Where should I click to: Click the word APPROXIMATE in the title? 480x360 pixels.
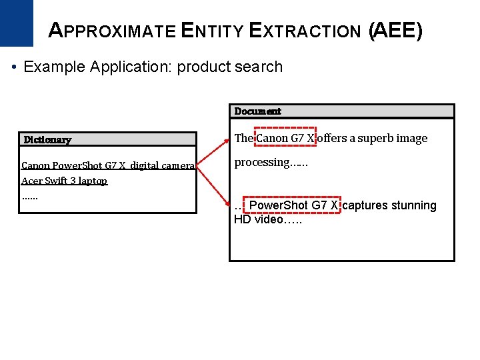tap(113, 31)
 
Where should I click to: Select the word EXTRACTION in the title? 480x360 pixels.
tap(304, 31)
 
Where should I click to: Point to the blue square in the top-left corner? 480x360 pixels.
tap(16, 23)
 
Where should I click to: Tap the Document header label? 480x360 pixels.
tap(257, 111)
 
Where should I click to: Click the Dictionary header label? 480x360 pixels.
tap(47, 139)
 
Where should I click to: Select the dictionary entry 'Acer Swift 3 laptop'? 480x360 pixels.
tap(64, 181)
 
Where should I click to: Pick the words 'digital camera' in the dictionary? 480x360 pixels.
tap(162, 165)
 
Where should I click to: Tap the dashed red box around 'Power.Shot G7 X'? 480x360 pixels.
tap(293, 205)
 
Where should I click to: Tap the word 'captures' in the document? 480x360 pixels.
tap(365, 205)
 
